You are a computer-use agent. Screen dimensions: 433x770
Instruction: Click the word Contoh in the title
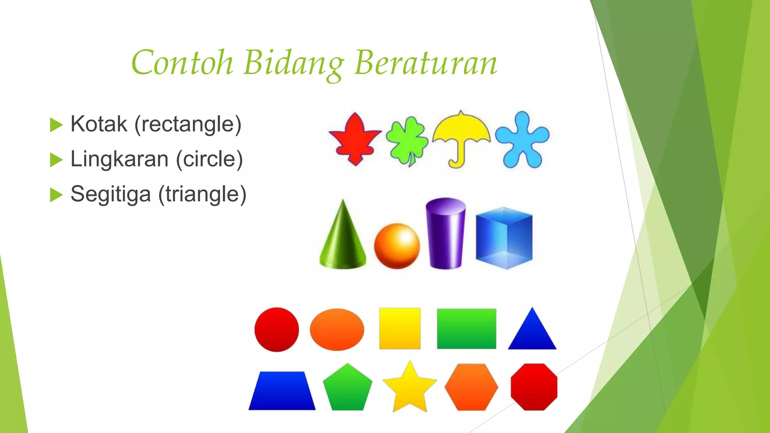click(182, 62)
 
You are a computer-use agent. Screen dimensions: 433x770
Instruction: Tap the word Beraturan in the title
click(426, 62)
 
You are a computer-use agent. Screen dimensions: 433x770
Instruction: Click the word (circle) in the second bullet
click(209, 159)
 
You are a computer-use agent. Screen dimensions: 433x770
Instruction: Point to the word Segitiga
click(111, 194)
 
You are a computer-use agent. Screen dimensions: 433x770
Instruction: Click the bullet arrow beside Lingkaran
click(56, 160)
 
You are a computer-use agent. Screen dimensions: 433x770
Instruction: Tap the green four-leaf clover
click(407, 141)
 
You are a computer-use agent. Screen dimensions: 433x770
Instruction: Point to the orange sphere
click(397, 246)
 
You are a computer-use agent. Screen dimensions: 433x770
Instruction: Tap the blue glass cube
click(504, 238)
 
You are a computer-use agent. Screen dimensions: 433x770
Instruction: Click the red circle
click(277, 330)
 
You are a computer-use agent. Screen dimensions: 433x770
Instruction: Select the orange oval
click(337, 330)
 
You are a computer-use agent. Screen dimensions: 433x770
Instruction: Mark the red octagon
click(534, 387)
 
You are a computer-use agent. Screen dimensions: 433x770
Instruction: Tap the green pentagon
click(348, 388)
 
